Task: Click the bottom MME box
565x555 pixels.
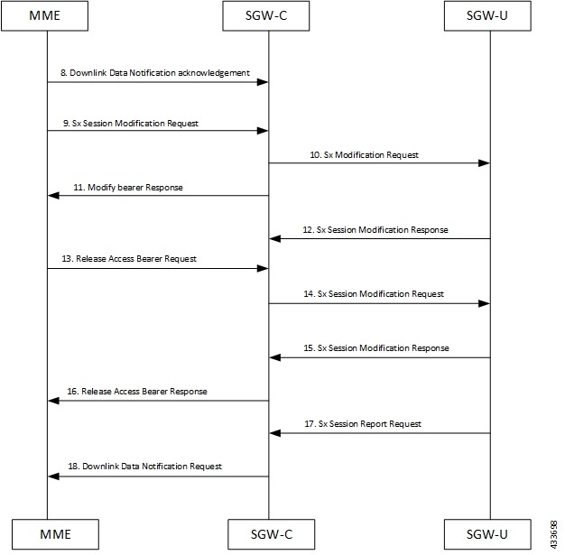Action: click(x=48, y=534)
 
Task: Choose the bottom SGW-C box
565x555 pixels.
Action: click(x=268, y=534)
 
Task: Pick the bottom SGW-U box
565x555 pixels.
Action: click(x=490, y=534)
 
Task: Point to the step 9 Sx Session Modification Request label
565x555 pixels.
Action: click(x=132, y=122)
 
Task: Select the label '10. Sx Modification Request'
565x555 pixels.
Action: click(x=365, y=155)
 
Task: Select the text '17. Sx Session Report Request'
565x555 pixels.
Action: click(x=369, y=423)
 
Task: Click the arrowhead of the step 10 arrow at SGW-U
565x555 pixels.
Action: click(x=484, y=163)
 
